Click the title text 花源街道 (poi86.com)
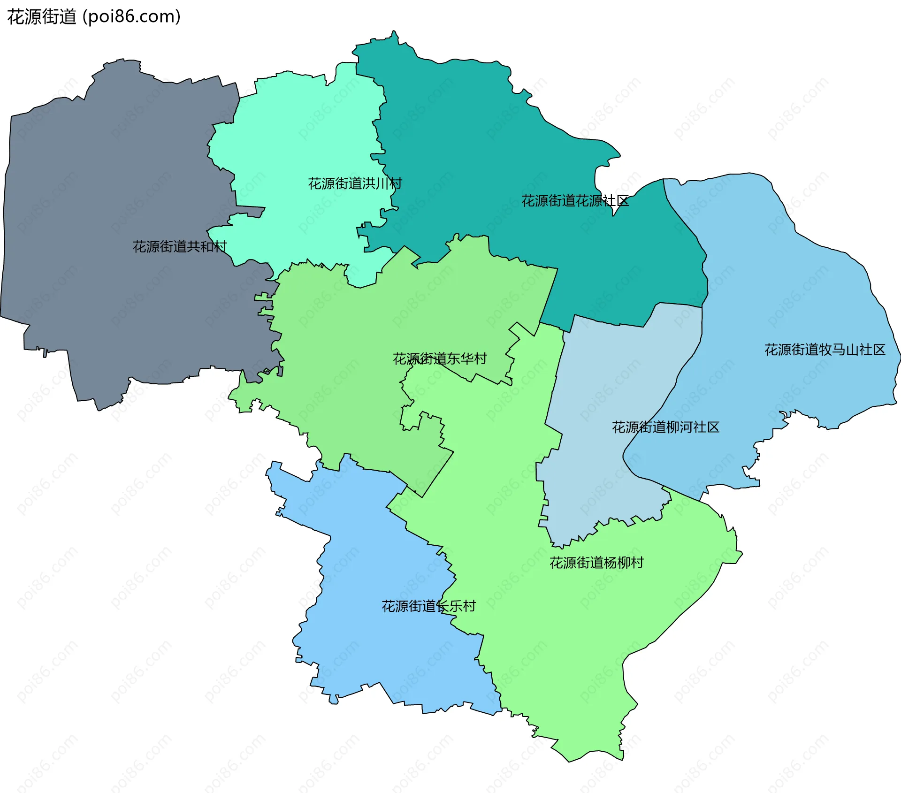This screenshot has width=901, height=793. point(94,17)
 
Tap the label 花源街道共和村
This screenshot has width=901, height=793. point(180,246)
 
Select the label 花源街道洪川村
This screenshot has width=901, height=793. point(355,183)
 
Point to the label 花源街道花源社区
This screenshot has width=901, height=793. point(575,201)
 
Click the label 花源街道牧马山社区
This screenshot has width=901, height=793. point(825,350)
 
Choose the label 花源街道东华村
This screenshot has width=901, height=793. point(440,359)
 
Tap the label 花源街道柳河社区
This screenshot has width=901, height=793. point(665,427)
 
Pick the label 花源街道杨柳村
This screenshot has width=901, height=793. point(596,563)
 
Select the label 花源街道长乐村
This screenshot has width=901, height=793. point(428,606)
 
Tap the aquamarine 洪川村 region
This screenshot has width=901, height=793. point(305,141)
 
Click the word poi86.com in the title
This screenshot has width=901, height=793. point(131,17)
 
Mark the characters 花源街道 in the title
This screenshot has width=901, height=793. point(41,17)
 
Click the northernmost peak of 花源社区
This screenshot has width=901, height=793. point(394,31)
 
